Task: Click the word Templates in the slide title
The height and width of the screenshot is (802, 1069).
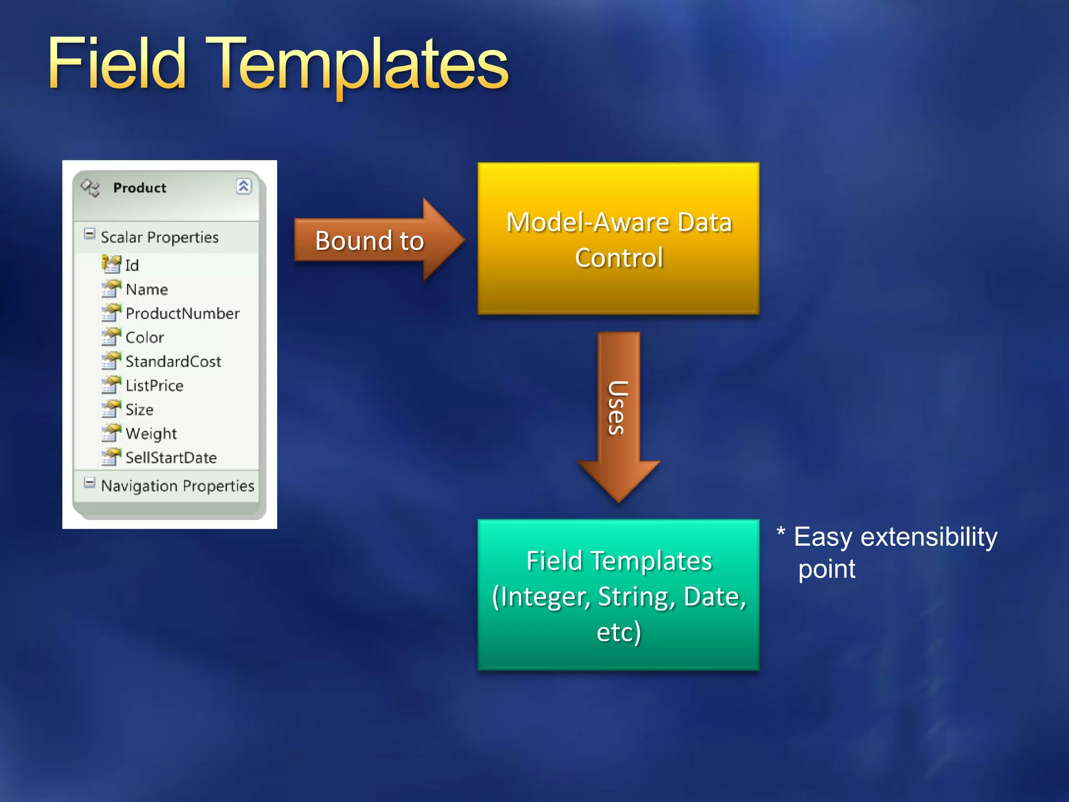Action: (360, 65)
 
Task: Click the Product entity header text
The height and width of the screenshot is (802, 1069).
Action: (139, 187)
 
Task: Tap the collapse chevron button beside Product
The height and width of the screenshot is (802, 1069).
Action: (243, 186)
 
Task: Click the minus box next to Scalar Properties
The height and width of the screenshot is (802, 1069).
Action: (90, 234)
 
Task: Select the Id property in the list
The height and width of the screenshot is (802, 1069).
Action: (132, 265)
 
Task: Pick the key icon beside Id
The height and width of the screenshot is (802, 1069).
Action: (111, 264)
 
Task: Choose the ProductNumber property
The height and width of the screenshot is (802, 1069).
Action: (182, 313)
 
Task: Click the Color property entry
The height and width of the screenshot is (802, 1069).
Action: (145, 337)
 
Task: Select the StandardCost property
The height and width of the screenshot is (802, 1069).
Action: (173, 361)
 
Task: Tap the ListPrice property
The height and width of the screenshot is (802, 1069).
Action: (155, 385)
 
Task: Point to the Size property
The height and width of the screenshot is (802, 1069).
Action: (139, 409)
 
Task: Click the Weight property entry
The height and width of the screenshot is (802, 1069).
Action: (151, 433)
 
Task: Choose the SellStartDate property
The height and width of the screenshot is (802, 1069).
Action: (171, 457)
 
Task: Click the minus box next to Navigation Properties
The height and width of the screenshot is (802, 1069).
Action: (90, 482)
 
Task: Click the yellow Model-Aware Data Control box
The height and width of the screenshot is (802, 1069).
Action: (618, 239)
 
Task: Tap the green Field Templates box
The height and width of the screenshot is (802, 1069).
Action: (618, 595)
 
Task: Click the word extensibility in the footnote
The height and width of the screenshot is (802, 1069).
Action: (929, 537)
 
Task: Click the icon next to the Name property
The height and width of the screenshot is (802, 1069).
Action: (111, 289)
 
